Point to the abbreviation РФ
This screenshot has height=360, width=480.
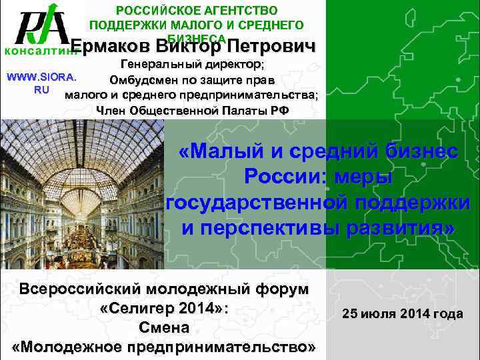click(x=281, y=110)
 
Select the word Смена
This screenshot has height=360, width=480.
click(x=164, y=328)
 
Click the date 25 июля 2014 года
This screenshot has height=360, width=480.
click(x=402, y=313)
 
